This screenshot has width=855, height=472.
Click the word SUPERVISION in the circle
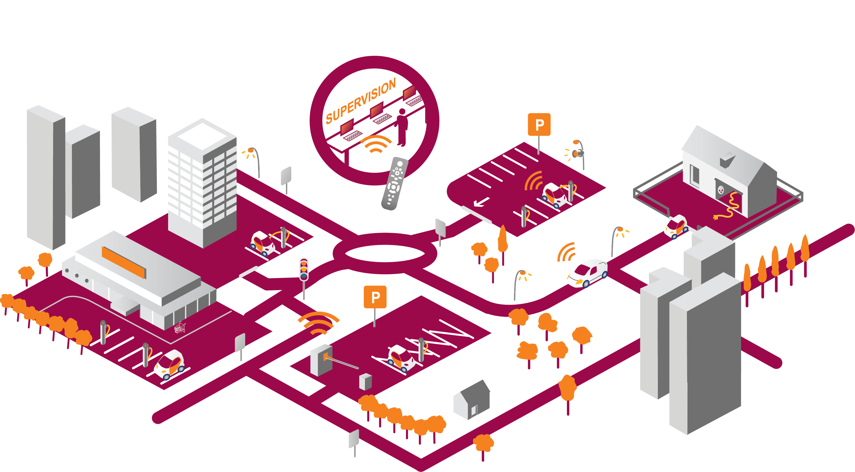(361, 101)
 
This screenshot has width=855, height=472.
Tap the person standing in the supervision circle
(402, 127)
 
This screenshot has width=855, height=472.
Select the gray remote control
(395, 183)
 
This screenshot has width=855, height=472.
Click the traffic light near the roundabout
(304, 269)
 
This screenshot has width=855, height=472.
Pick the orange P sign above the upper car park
(539, 125)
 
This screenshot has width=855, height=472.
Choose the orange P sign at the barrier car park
(375, 297)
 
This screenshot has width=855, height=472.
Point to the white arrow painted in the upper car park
(481, 202)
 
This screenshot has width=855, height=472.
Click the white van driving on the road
(587, 273)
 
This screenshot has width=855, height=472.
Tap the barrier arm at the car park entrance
(341, 362)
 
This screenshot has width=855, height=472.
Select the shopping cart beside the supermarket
(180, 327)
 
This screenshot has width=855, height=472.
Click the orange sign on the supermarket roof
(123, 262)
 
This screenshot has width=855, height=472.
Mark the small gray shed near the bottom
(472, 400)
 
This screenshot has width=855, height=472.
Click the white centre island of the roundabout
(385, 253)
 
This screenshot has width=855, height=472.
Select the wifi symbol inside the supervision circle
(376, 144)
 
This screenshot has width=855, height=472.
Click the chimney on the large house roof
(727, 160)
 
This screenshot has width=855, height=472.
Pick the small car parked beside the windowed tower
(263, 244)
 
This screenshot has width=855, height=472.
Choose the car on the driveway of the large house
(676, 227)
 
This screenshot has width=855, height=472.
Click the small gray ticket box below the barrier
(365, 382)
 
